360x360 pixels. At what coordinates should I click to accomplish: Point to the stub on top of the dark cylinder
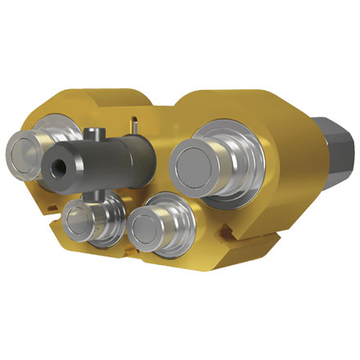(96, 134)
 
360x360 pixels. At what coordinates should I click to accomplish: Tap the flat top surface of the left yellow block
(106, 98)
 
